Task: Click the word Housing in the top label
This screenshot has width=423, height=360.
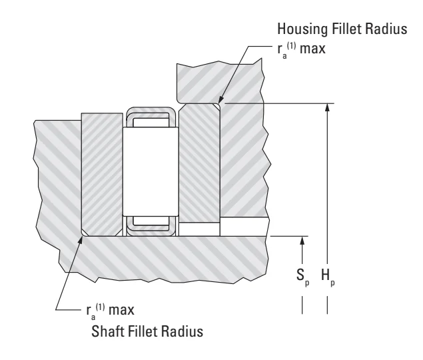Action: (x=302, y=29)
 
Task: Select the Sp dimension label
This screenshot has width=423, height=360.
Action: (x=302, y=277)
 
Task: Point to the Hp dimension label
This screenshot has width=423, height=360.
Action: (x=328, y=277)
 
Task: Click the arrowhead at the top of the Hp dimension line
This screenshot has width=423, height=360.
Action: (x=327, y=107)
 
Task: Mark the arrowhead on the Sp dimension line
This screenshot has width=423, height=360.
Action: (x=302, y=241)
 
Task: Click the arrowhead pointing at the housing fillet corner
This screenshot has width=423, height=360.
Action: (x=221, y=99)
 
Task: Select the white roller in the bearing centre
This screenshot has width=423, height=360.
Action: (x=151, y=171)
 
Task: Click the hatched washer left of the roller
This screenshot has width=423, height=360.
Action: (x=102, y=175)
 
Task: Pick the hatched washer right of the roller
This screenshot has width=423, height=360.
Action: (x=199, y=163)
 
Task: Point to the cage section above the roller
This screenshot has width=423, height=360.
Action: (x=151, y=117)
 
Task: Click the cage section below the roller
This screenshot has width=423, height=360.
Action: (x=151, y=226)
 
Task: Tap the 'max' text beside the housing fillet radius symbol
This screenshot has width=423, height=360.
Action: (x=312, y=49)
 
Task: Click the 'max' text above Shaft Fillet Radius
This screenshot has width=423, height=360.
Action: (x=121, y=310)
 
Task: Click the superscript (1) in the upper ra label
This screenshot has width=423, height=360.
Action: (x=291, y=45)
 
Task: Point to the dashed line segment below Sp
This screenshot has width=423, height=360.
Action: (x=302, y=305)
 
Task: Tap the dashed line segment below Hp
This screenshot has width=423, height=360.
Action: (x=327, y=305)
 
